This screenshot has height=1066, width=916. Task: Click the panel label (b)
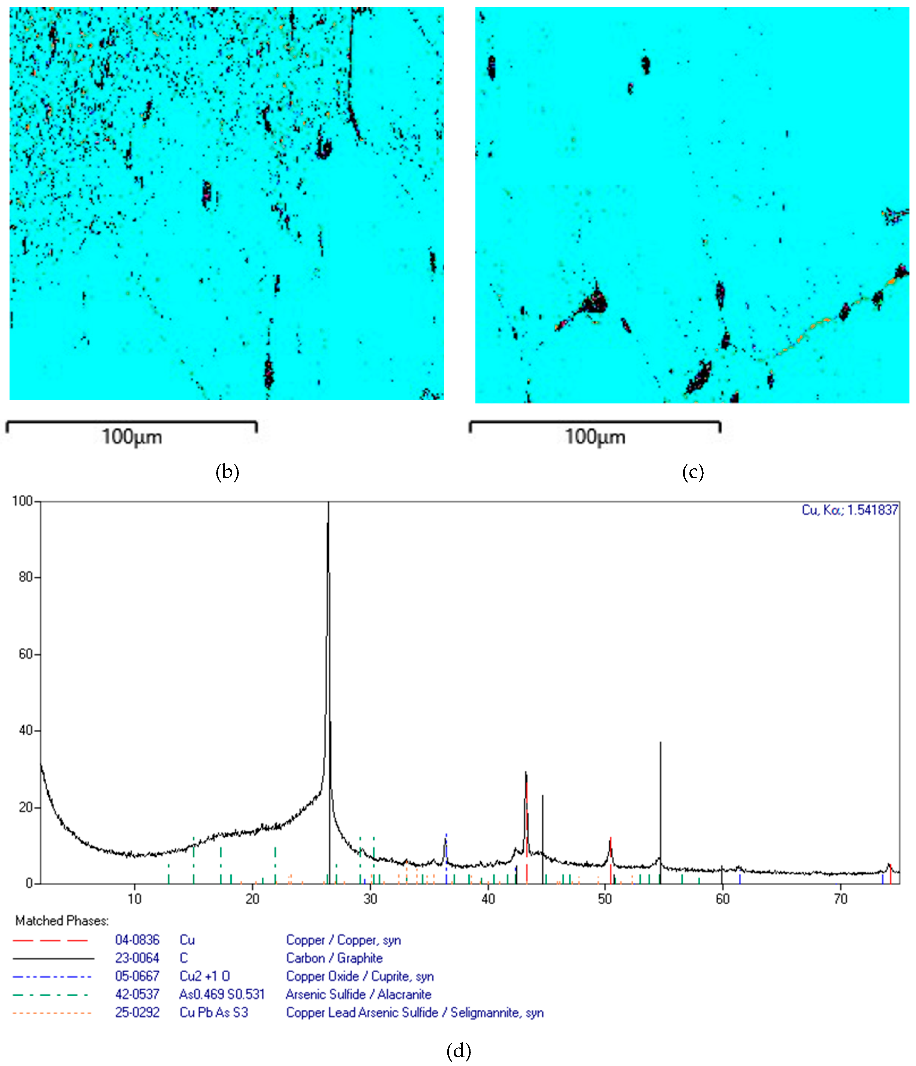227,472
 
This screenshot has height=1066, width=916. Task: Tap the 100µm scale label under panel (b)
132,437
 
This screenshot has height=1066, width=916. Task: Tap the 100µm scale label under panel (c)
595,437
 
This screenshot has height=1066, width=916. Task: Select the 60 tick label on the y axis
25,654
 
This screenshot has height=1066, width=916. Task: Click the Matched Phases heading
62,920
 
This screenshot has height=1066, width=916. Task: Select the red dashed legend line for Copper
50,940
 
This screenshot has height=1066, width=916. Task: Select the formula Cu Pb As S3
213,1012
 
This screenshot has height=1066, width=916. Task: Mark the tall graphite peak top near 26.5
328,504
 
